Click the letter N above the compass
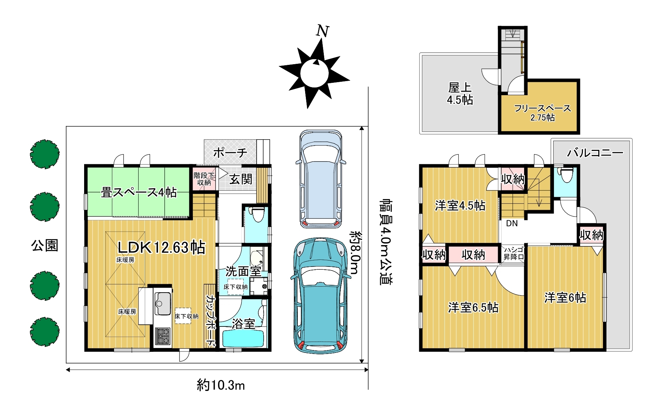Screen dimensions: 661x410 coord(322,31)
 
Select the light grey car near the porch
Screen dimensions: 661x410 coord(320,179)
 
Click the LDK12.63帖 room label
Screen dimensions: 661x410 coord(162,247)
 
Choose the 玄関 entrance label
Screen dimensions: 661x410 coord(241,179)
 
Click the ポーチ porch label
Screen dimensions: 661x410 coord(230,153)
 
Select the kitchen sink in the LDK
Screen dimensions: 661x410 coord(163,304)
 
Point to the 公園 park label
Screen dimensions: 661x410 coord(45,245)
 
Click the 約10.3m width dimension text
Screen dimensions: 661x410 coord(221,385)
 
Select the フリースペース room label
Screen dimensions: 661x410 coord(542,108)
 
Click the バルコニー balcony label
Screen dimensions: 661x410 coord(595,153)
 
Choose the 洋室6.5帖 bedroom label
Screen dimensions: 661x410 coord(473,308)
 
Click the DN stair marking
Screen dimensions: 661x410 coord(512,223)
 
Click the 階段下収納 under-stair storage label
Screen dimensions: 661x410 coord(204,179)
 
